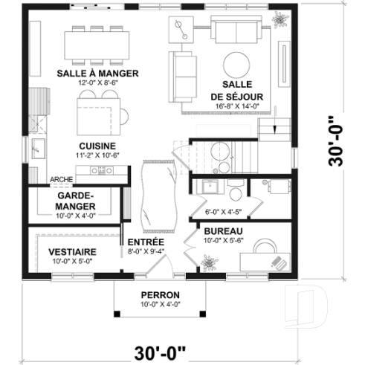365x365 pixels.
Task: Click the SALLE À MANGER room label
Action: coord(92,74)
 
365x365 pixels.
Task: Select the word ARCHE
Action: coord(61,180)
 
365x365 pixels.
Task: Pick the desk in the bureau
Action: coord(267,260)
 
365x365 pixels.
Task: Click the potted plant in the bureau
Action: coord(207,260)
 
